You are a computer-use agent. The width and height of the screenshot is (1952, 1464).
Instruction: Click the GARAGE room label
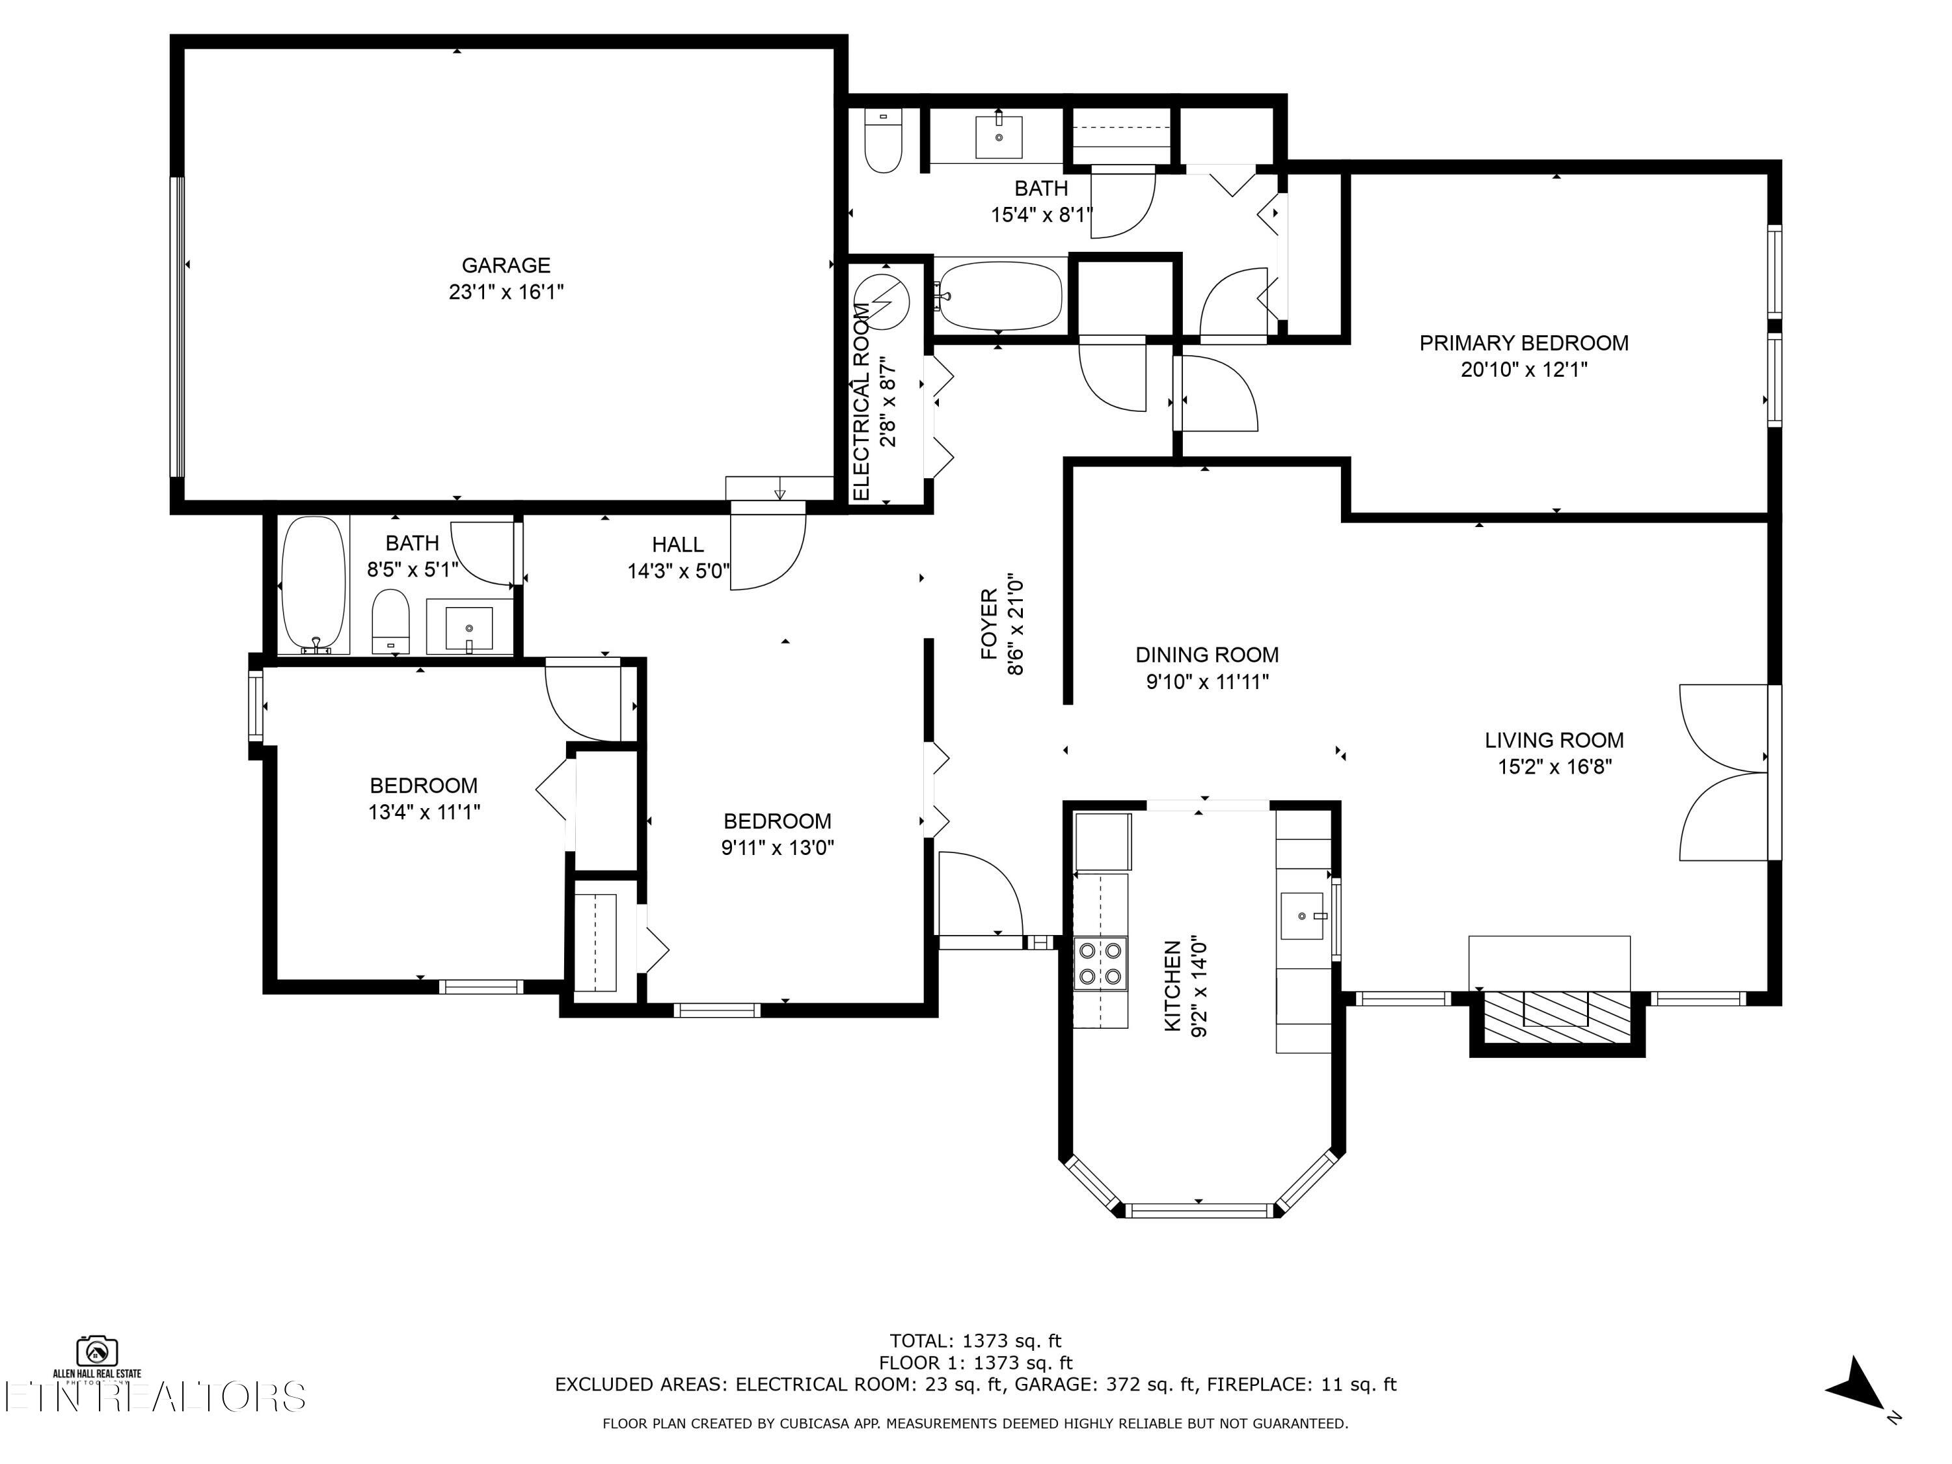click(506, 265)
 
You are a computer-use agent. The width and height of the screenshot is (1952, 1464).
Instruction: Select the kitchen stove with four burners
click(1100, 963)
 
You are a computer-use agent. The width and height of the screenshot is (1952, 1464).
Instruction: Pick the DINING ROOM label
click(1206, 655)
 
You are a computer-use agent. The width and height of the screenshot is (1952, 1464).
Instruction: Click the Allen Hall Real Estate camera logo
click(97, 1351)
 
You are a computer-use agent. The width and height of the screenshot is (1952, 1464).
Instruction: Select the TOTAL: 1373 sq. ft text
click(975, 1341)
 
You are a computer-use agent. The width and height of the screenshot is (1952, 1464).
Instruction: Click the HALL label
click(678, 545)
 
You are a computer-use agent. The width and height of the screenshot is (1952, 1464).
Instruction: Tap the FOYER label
click(989, 625)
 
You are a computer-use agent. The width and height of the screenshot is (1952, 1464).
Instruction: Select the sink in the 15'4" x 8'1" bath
click(999, 136)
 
